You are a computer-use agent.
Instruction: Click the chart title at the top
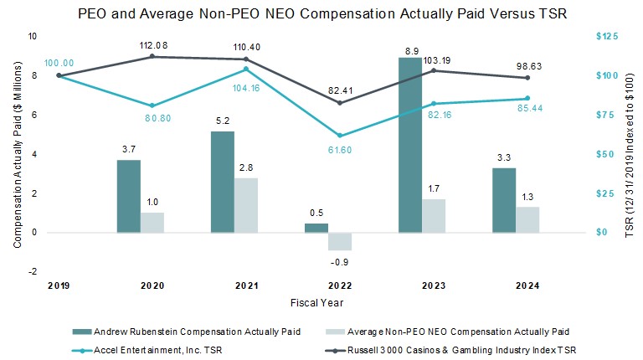click(x=321, y=14)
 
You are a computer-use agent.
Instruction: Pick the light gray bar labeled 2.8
click(x=245, y=205)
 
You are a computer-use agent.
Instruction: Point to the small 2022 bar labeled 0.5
click(x=316, y=228)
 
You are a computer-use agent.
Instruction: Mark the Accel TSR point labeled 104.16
click(x=245, y=69)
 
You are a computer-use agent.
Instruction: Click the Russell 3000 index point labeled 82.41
click(x=339, y=103)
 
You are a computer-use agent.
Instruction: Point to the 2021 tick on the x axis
click(x=245, y=286)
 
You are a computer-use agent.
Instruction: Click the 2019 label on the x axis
click(x=58, y=286)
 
